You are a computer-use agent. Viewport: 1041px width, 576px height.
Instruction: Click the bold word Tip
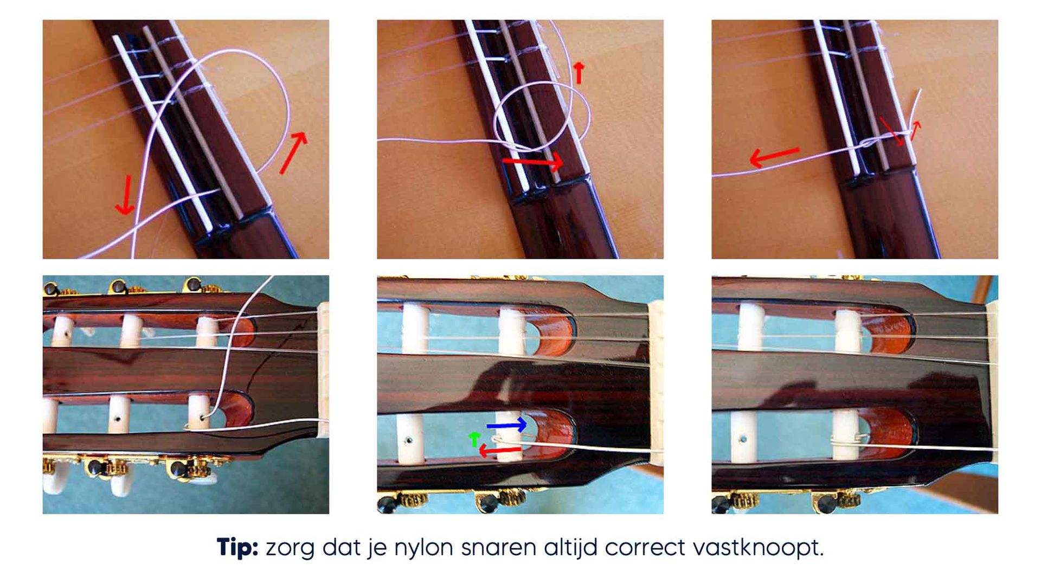237,548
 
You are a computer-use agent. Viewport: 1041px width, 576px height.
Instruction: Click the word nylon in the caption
423,549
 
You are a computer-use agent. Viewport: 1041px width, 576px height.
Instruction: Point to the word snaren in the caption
498,549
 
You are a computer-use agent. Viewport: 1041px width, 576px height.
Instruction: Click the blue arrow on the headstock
506,425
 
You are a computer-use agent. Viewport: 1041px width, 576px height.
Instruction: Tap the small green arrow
474,439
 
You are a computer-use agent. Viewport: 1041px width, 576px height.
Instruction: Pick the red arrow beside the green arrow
500,450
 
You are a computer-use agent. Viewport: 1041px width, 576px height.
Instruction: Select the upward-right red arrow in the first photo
293,152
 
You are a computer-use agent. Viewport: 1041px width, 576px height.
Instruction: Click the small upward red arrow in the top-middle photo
579,73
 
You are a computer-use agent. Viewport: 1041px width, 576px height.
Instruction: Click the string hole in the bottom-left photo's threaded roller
203,418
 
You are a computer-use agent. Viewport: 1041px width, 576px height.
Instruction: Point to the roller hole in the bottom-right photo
743,439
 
